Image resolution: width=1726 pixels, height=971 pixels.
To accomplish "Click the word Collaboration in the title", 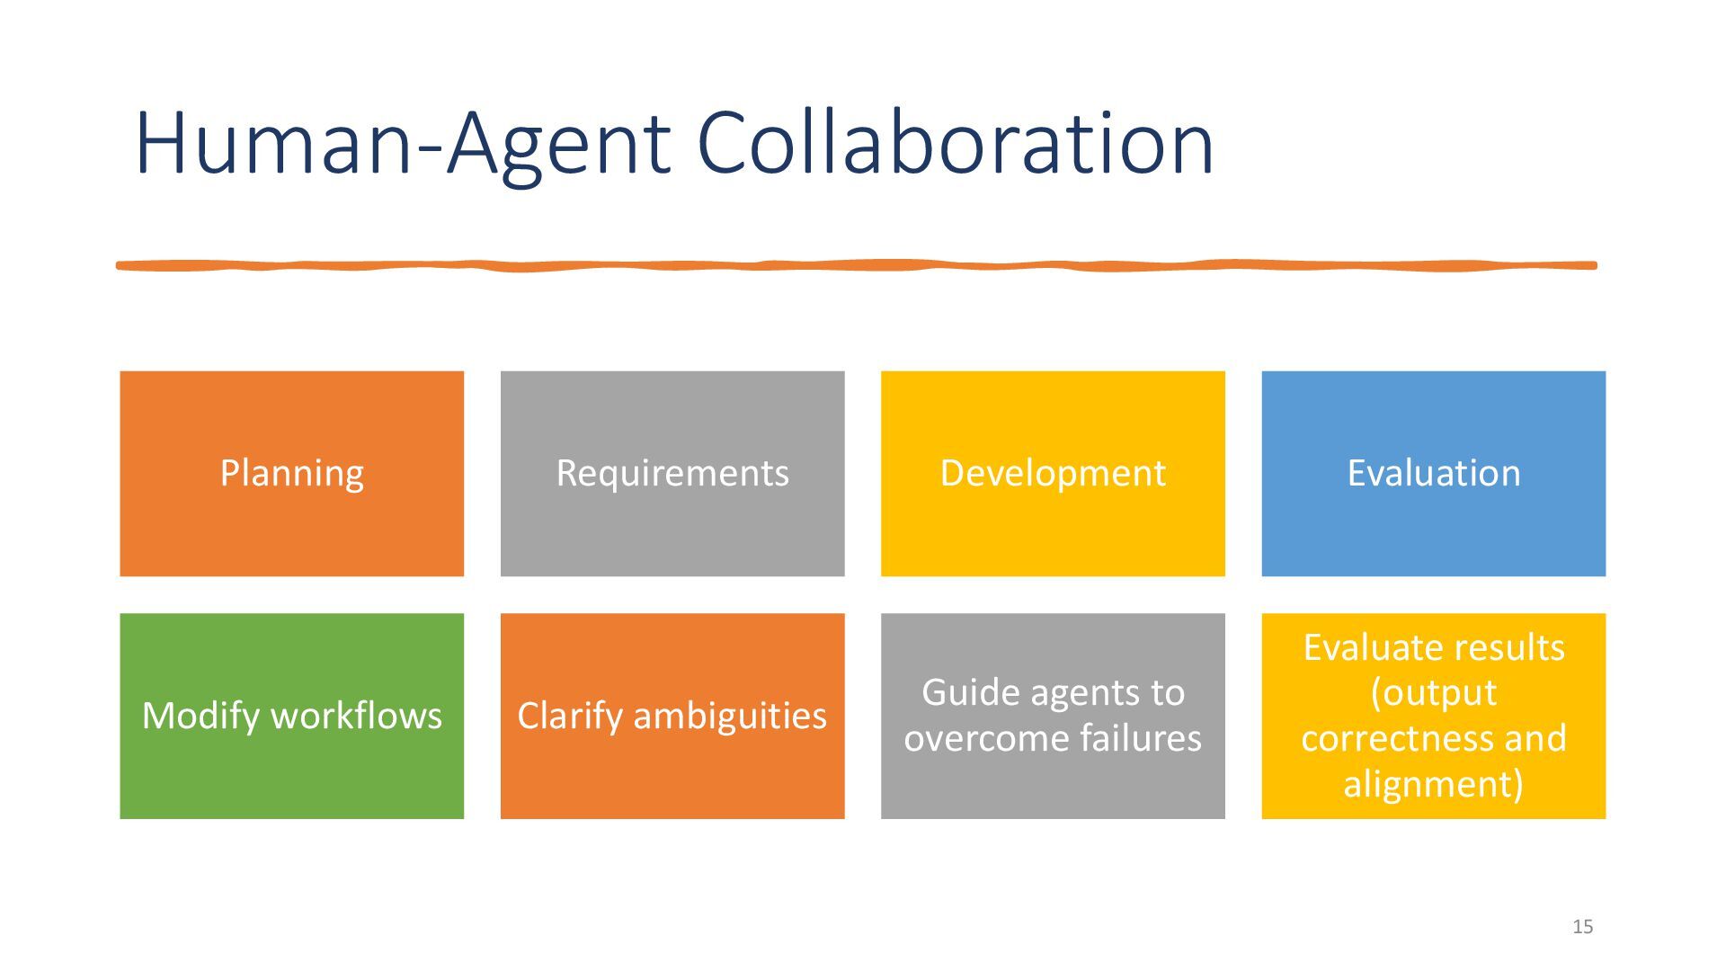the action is point(955,144).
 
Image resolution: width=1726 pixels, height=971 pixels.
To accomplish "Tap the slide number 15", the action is point(1582,927).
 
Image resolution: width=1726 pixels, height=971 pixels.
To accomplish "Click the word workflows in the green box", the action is point(356,716).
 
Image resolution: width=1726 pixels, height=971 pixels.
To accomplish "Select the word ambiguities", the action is point(729,717).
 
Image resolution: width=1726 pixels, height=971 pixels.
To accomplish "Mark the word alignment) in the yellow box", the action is point(1433,784).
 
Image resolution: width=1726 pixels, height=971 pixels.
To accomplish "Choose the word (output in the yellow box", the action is point(1433,692).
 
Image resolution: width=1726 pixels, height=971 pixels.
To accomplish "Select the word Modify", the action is point(200,717).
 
